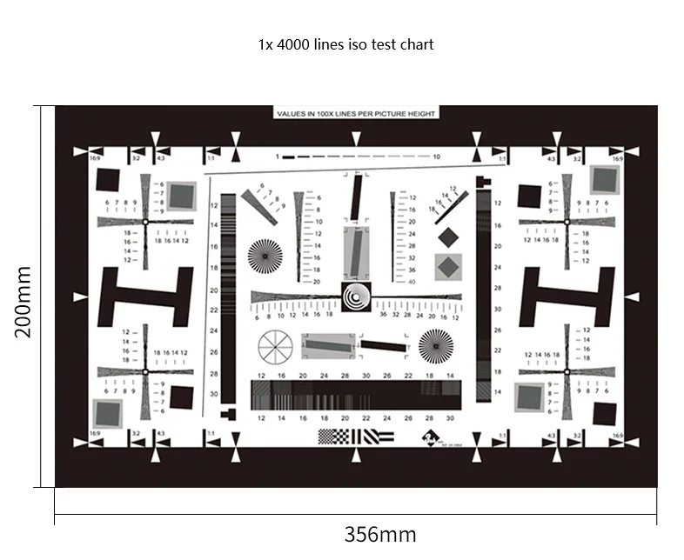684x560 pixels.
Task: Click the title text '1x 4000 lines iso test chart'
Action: tap(345, 43)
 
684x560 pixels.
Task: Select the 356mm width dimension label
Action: tap(379, 534)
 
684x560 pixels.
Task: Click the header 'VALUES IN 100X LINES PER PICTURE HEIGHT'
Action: tap(356, 113)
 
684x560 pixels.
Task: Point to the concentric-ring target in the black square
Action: tap(356, 297)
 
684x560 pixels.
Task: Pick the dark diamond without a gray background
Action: tap(448, 237)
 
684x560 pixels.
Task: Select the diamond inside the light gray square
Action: tap(448, 267)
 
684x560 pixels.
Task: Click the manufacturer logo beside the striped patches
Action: tap(431, 438)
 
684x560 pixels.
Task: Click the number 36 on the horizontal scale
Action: tap(383, 316)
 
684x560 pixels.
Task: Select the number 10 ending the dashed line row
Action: tap(436, 157)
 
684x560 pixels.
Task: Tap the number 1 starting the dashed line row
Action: tap(276, 157)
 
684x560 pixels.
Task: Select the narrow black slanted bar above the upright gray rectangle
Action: tap(356, 197)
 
